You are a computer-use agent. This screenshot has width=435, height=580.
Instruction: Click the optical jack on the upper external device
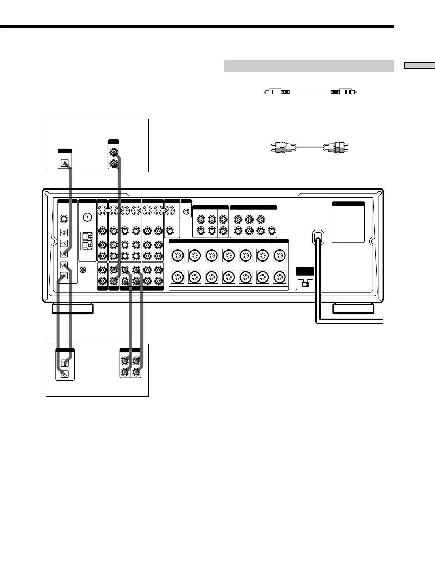[x=65, y=163]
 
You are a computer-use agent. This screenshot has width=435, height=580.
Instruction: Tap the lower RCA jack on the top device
[x=114, y=163]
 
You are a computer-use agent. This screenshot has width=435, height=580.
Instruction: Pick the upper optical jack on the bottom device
[x=65, y=363]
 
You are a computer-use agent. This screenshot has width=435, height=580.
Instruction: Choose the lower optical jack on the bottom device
[x=65, y=373]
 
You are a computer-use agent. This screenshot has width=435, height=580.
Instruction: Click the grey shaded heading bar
[x=308, y=66]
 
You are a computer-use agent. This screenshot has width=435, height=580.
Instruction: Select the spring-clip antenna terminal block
[x=87, y=240]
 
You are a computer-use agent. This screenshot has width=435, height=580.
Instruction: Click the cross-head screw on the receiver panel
[x=83, y=270]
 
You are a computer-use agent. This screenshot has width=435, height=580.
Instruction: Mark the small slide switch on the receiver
[x=305, y=284]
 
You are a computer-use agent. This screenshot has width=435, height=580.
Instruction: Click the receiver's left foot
[x=72, y=309]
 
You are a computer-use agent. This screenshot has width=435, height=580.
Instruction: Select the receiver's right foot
[x=353, y=309]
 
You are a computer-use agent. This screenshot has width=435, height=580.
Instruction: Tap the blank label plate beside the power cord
[x=348, y=222]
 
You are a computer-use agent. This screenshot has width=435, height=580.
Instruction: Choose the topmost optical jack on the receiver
[x=64, y=232]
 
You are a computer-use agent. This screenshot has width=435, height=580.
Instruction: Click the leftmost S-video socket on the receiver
[x=102, y=211]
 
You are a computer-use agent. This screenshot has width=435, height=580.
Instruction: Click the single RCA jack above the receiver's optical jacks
[x=64, y=219]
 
